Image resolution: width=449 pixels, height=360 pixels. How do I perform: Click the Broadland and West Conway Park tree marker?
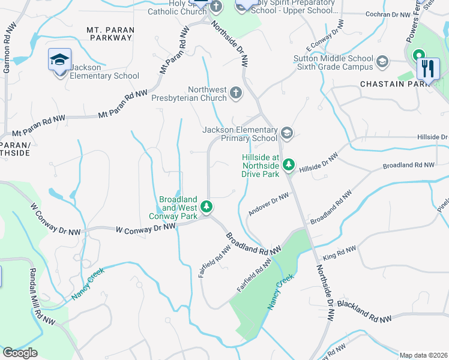point(206,208)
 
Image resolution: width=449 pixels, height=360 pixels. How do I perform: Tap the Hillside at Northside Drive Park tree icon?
point(289,164)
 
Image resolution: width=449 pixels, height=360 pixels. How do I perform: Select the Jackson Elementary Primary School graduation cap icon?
point(286,133)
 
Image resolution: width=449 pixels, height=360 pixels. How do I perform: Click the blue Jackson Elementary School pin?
point(59,60)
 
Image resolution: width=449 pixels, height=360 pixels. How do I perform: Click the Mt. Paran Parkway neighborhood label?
point(109,34)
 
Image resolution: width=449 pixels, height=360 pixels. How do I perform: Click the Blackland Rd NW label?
point(364,311)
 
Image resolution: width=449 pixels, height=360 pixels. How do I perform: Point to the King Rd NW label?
point(339,253)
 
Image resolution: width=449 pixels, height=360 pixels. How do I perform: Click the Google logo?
point(20,353)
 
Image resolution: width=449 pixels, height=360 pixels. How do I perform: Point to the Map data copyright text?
point(423,355)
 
